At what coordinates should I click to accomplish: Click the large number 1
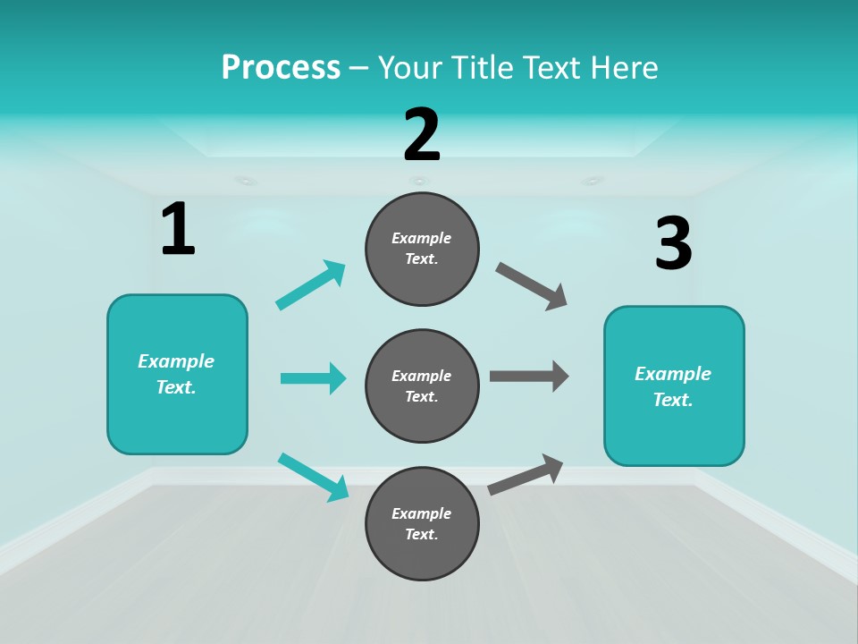(x=178, y=230)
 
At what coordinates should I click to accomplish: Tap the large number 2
(x=422, y=135)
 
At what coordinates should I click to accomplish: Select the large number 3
(x=673, y=245)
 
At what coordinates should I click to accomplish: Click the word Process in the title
(x=281, y=67)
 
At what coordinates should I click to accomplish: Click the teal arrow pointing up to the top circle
(x=311, y=285)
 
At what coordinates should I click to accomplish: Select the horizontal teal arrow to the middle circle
(x=313, y=378)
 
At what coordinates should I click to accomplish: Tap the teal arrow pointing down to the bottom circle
(x=313, y=477)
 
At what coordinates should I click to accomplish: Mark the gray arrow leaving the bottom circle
(x=526, y=474)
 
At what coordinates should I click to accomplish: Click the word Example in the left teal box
(x=176, y=361)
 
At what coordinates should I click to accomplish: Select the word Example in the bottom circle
(x=422, y=513)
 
